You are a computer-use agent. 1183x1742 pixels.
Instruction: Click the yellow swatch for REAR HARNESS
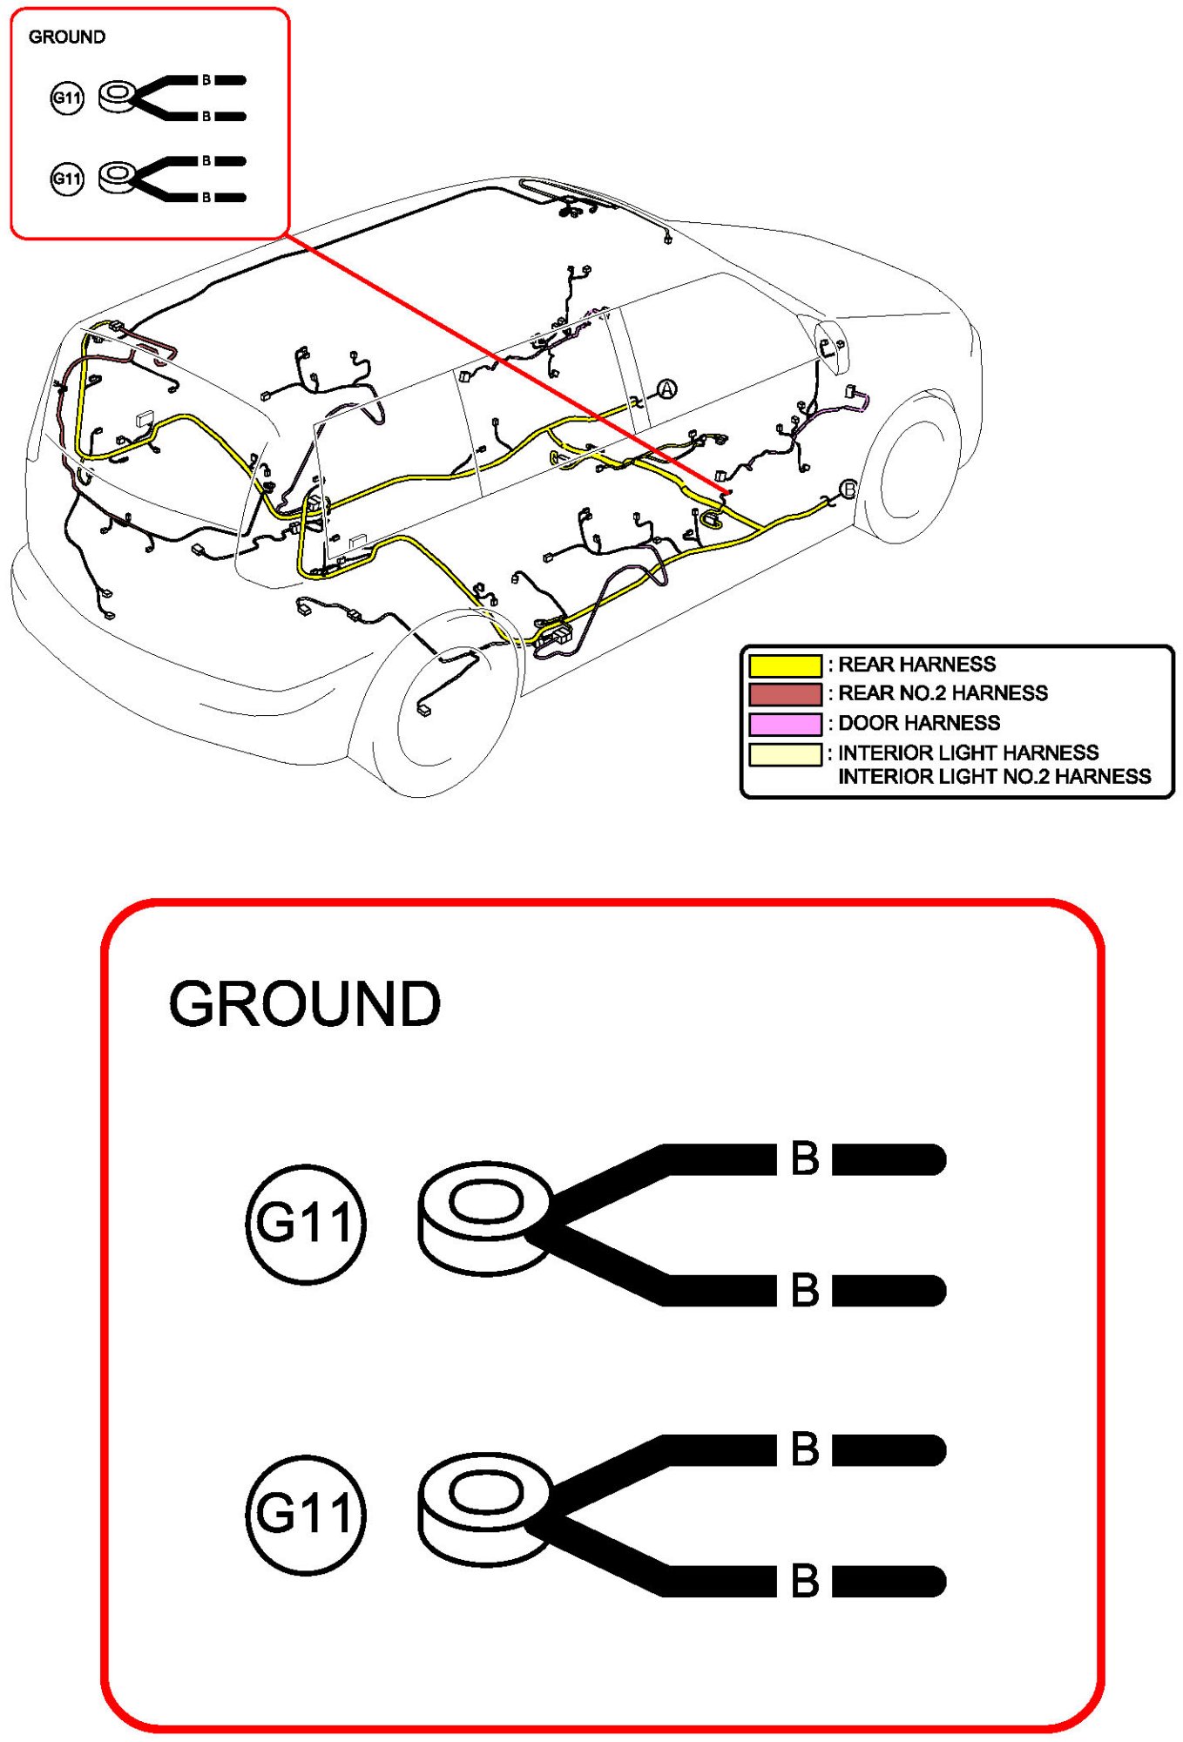pos(784,665)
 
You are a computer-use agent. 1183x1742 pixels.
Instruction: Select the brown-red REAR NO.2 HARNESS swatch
pos(784,694)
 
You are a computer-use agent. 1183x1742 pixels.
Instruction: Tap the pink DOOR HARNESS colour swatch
pos(784,724)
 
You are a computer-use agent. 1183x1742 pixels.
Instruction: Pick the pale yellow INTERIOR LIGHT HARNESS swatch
pos(784,753)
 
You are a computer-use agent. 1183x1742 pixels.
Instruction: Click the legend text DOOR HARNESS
pos(918,723)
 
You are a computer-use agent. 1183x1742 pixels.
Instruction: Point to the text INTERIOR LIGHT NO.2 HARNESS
pos(994,776)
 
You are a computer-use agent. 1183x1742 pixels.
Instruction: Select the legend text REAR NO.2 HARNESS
pos(943,693)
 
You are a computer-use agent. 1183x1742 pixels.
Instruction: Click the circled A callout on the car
pos(666,389)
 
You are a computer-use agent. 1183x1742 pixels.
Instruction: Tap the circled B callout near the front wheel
pos(848,489)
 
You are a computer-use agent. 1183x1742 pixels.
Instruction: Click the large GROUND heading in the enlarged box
pos(305,1003)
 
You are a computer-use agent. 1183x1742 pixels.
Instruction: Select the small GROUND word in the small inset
pos(67,37)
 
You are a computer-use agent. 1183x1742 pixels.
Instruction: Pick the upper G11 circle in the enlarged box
pos(305,1223)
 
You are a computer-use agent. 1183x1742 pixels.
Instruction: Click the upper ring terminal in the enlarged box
pos(484,1216)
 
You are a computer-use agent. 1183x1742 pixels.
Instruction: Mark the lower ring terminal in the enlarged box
pos(484,1507)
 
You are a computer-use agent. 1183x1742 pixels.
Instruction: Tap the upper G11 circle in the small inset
pos(67,98)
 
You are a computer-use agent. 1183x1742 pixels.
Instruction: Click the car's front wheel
pos(910,470)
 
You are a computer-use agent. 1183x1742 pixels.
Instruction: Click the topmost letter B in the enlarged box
pos(805,1158)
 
